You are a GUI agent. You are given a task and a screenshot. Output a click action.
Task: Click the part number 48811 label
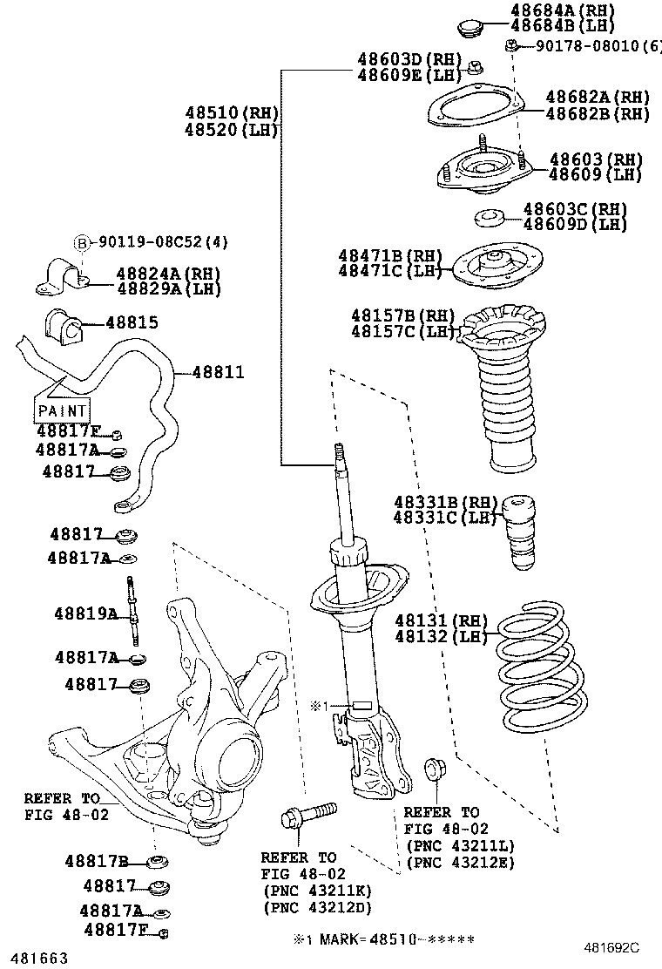[218, 372]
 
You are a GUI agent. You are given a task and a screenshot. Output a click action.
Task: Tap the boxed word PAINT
[63, 410]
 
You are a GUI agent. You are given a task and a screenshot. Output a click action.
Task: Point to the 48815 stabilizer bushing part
[62, 326]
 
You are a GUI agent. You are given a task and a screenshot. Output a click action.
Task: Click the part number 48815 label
[132, 322]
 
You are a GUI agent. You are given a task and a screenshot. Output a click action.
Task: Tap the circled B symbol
[82, 242]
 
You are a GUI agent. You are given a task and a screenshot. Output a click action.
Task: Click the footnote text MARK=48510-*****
[389, 939]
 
